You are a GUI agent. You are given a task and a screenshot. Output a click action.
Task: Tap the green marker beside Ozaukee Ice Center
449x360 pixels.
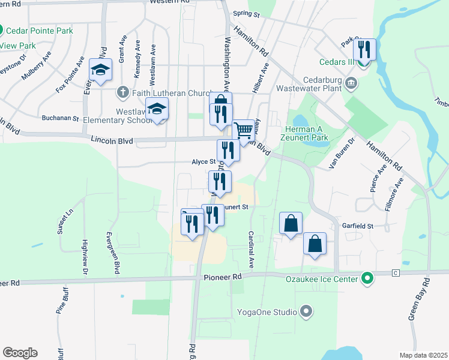point(367,278)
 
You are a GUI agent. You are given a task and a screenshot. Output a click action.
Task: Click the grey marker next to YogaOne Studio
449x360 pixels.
point(307,311)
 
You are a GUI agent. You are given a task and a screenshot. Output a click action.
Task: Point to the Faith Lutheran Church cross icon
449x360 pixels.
point(122,92)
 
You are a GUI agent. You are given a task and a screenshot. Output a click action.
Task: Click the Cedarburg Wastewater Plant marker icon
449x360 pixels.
point(352,82)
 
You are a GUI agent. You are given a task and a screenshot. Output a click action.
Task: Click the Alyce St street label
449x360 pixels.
point(203,162)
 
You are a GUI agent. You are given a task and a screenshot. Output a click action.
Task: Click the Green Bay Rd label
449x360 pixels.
point(420,299)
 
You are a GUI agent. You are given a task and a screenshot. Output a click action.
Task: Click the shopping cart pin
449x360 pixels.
point(244,130)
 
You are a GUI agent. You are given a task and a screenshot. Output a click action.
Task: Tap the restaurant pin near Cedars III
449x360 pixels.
point(364,50)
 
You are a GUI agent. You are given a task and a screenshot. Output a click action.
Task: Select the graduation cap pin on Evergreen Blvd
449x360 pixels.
point(100,70)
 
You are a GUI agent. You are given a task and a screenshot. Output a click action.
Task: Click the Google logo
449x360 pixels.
point(20,353)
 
